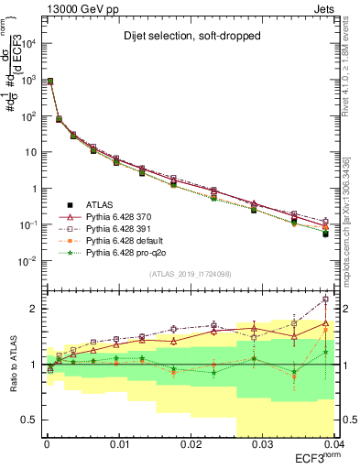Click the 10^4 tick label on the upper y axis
click(27, 43)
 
